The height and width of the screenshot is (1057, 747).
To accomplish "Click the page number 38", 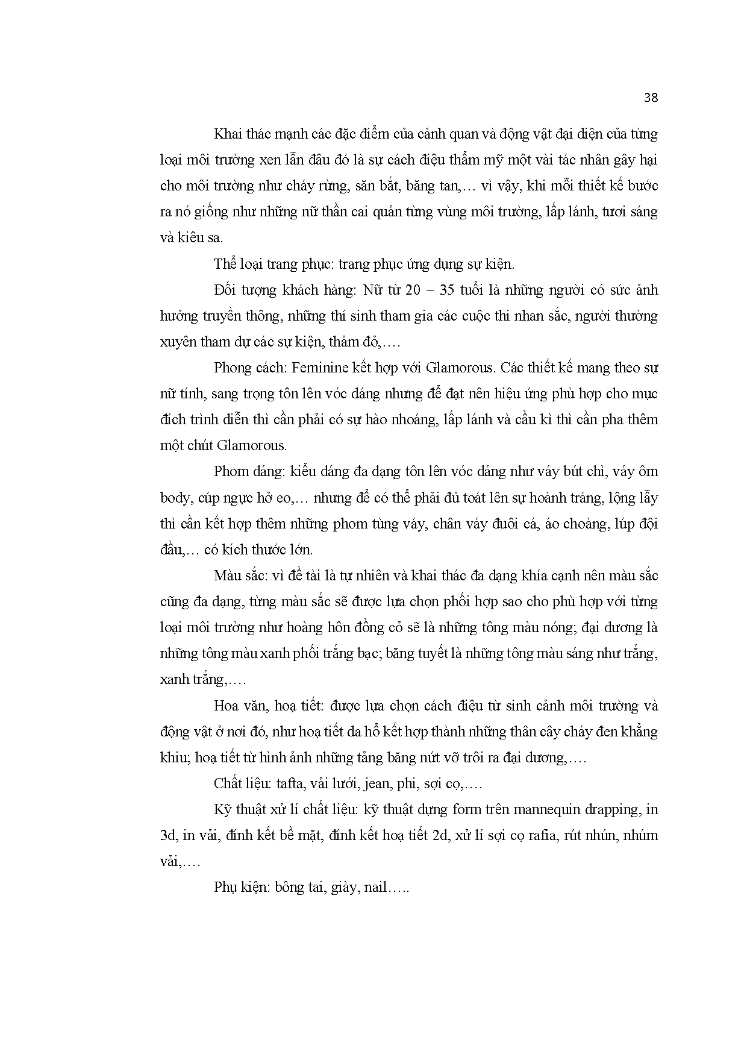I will click(x=651, y=98).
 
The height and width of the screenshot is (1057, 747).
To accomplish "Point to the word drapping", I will click(x=602, y=809).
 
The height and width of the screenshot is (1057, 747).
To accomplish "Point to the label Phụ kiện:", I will click(x=242, y=888).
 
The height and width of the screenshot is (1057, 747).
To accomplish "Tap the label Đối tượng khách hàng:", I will click(x=284, y=290).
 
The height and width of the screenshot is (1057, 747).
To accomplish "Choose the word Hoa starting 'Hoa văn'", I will click(x=226, y=705).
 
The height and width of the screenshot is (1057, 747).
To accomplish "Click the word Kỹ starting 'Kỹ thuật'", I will click(x=223, y=809).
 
